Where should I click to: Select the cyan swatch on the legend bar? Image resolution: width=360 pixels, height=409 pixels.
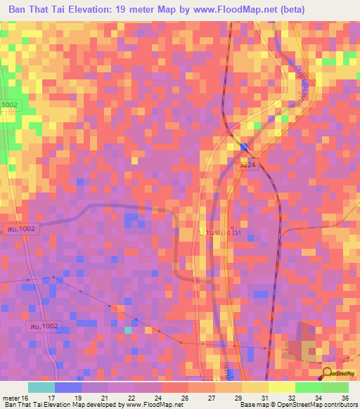(x=41, y=387)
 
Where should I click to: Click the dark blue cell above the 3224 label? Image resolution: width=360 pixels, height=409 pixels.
(x=244, y=146)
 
